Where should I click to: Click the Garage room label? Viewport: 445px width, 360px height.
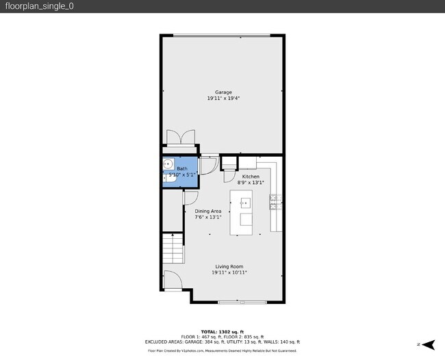click(223, 92)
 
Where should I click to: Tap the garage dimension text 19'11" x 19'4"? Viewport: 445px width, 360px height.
click(223, 99)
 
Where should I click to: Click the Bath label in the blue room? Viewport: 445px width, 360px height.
click(182, 168)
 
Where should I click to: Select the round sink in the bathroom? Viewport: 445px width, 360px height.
click(168, 164)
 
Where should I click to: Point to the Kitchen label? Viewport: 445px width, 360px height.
click(251, 177)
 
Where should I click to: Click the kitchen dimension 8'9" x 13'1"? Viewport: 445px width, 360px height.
click(251, 183)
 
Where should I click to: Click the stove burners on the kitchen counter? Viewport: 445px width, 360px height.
click(276, 200)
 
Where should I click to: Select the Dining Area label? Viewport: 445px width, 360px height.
click(207, 211)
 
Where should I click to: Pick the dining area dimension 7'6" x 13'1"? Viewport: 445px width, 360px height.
click(207, 218)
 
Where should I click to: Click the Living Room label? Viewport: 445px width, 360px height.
click(229, 266)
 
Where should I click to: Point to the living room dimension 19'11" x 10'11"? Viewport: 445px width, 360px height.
click(229, 272)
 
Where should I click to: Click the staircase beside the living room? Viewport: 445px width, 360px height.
click(173, 248)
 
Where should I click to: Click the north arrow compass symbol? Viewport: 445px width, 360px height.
click(428, 344)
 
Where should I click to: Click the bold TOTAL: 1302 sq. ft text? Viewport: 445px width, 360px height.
click(222, 331)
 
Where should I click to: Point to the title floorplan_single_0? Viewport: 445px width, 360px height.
click(31, 6)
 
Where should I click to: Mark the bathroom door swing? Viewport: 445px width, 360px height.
click(210, 165)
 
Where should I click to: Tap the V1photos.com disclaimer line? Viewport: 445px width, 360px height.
click(222, 350)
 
